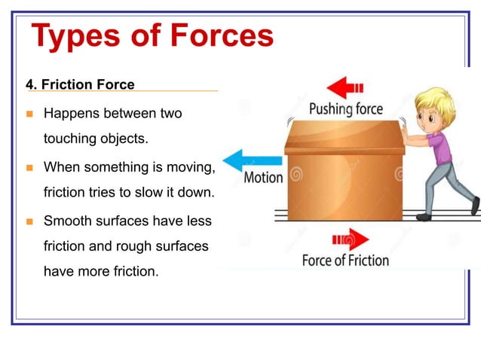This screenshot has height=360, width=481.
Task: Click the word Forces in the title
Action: click(x=219, y=35)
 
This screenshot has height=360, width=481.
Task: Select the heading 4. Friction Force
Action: click(x=81, y=84)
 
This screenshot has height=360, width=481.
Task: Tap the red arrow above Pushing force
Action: click(x=348, y=87)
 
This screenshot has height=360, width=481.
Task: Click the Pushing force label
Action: click(x=346, y=109)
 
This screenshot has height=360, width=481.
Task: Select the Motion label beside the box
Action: click(x=263, y=178)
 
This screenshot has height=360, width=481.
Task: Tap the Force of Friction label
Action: click(x=345, y=261)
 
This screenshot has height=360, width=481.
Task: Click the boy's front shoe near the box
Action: click(x=424, y=217)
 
